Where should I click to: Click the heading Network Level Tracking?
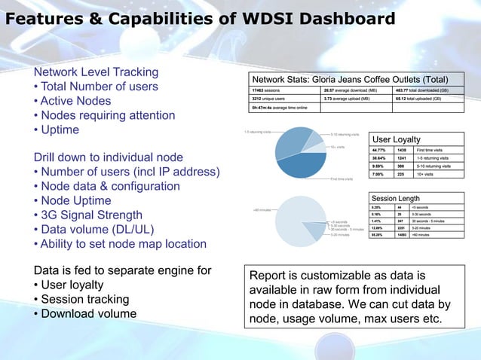pos(95,72)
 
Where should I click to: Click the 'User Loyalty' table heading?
pos(397,139)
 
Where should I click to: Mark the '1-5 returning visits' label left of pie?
pos(257,132)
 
